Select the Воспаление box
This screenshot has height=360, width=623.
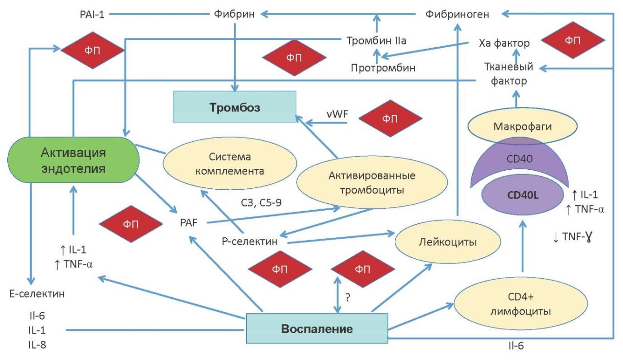click(x=316, y=329)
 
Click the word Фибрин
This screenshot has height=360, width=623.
click(x=234, y=14)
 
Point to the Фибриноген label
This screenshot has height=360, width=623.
click(x=457, y=14)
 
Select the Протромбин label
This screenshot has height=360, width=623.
click(x=383, y=68)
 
